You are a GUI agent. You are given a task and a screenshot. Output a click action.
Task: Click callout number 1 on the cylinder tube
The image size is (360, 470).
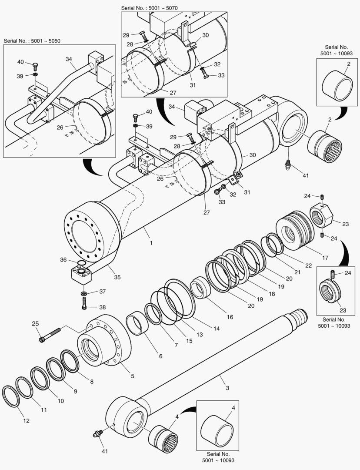coord(151,243)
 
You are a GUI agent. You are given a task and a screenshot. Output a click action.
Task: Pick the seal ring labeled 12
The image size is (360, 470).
coord(11,395)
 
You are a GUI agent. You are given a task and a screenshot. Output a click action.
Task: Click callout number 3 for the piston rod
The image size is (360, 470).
coord(227,387)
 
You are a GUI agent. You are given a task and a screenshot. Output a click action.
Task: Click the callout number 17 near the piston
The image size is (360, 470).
coord(325,258)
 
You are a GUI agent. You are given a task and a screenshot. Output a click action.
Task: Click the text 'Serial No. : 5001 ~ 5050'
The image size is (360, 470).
coord(32,40)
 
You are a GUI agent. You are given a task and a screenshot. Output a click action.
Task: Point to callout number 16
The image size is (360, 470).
coord(230,317)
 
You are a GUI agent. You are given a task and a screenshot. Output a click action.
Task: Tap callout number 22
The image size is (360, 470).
coord(308,265)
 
